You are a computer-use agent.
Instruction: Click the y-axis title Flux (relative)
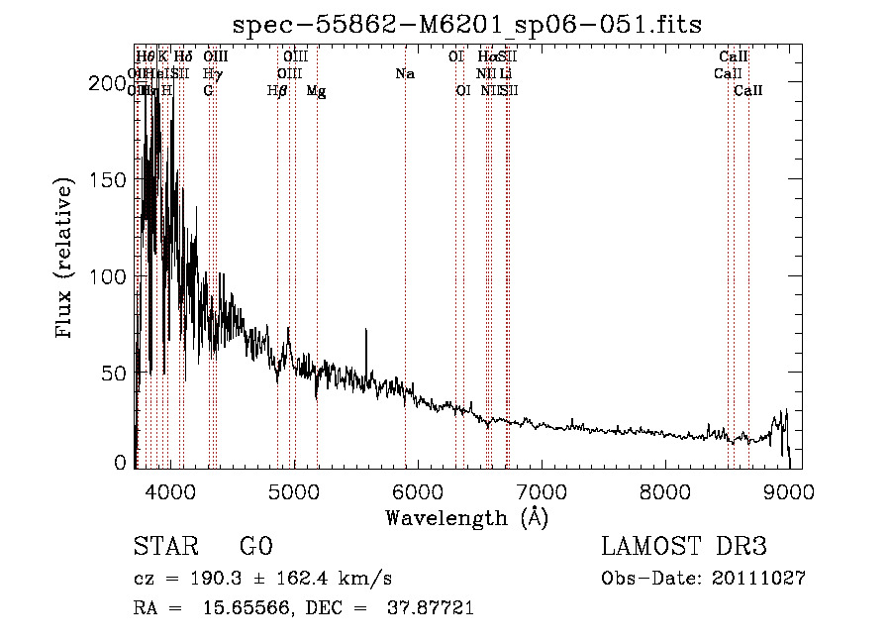point(66,259)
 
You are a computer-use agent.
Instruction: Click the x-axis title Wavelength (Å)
point(466,517)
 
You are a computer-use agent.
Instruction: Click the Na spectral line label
point(404,74)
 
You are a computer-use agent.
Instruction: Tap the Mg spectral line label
point(316,91)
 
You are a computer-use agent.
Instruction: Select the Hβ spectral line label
point(277,91)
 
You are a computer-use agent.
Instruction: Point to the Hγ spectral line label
point(212,74)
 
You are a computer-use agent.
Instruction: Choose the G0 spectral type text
point(255,547)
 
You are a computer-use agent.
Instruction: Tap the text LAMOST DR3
point(684,547)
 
